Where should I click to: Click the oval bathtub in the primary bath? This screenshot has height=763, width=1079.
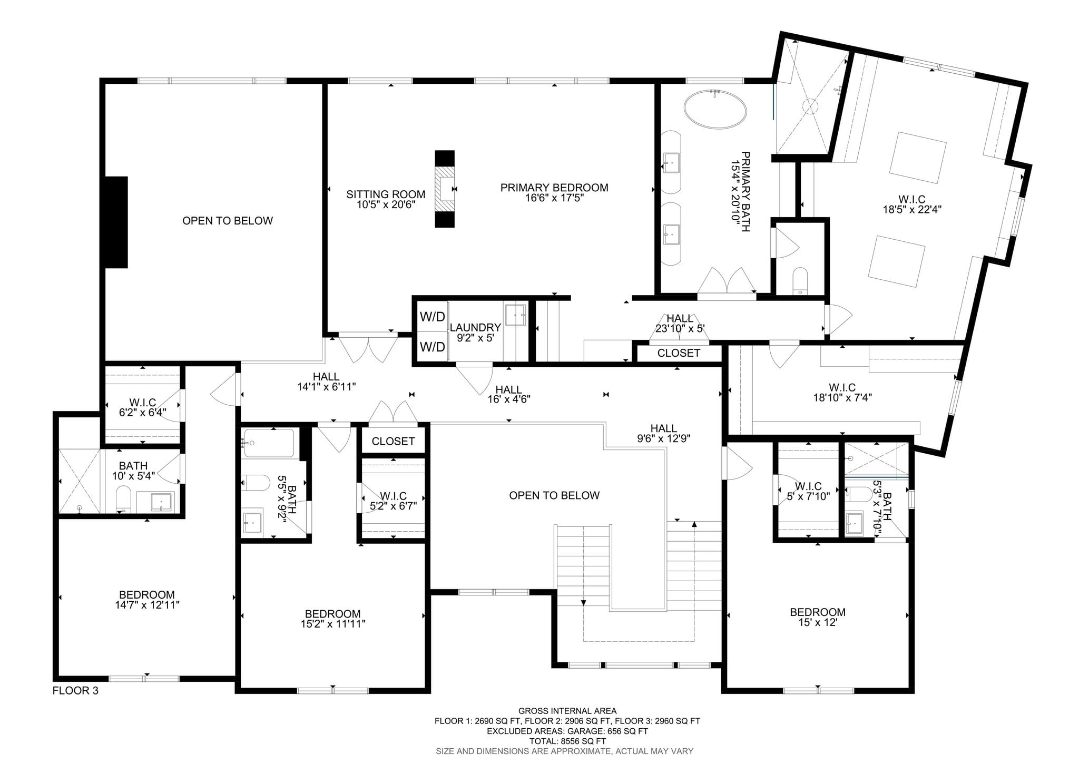715,108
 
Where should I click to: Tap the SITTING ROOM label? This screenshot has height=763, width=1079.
385,194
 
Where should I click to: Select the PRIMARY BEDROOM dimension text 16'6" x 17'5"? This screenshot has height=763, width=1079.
554,198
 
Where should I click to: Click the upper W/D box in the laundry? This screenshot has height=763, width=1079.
432,317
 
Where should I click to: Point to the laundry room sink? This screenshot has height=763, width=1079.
515,315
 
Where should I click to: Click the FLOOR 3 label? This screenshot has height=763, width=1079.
75,690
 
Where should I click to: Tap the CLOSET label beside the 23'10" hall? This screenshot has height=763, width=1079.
679,353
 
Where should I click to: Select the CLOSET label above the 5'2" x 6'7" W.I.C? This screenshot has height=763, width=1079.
393,441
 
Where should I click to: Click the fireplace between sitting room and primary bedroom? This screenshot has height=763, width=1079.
445,189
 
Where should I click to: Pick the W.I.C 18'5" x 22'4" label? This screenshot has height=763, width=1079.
912,204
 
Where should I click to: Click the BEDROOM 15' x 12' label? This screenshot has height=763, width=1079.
817,617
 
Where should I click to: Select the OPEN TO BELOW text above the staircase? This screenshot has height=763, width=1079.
554,495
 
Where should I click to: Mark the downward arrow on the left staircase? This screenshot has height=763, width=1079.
583,603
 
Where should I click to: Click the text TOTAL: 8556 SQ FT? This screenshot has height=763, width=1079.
567,741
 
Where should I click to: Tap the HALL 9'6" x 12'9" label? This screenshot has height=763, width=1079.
663,433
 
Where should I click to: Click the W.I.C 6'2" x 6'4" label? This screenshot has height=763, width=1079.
142,407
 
